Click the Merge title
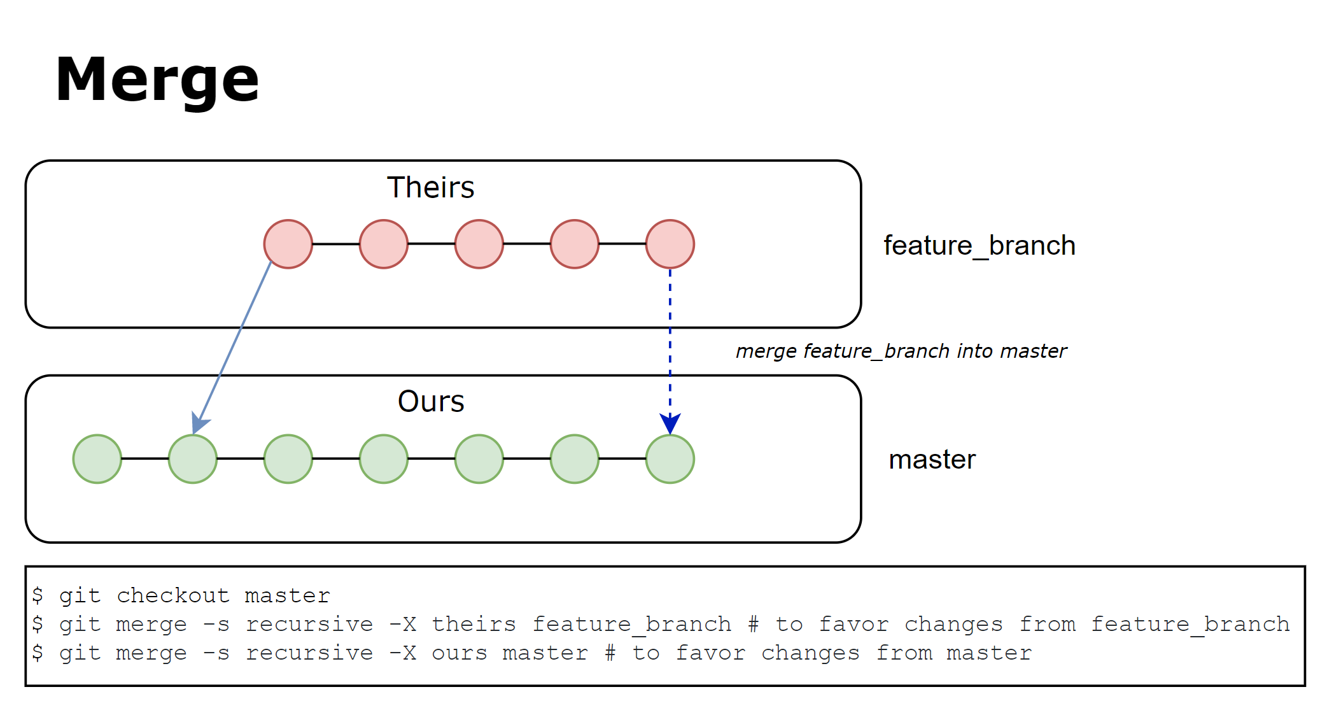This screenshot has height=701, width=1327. [157, 80]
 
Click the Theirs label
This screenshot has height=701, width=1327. [430, 188]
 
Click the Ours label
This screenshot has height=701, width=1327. [430, 402]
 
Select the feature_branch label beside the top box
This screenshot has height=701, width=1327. [979, 246]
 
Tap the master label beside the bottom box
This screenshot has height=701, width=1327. [932, 460]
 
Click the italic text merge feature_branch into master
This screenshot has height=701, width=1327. [901, 351]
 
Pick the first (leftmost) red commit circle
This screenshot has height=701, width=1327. [288, 244]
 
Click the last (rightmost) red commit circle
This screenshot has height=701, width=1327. [670, 244]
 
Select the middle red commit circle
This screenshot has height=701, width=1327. [479, 244]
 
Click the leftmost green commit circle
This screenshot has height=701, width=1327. [97, 459]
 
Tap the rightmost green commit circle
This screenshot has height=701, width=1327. [670, 459]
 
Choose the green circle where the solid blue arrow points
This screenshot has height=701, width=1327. [193, 459]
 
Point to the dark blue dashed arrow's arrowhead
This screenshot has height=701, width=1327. [670, 423]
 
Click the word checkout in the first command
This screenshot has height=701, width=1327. [173, 595]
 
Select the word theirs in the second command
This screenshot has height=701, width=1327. [474, 624]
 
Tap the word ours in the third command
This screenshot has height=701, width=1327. [459, 653]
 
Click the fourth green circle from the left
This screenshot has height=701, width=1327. [384, 459]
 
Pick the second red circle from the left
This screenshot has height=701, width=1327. [384, 244]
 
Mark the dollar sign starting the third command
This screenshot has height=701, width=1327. [38, 653]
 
